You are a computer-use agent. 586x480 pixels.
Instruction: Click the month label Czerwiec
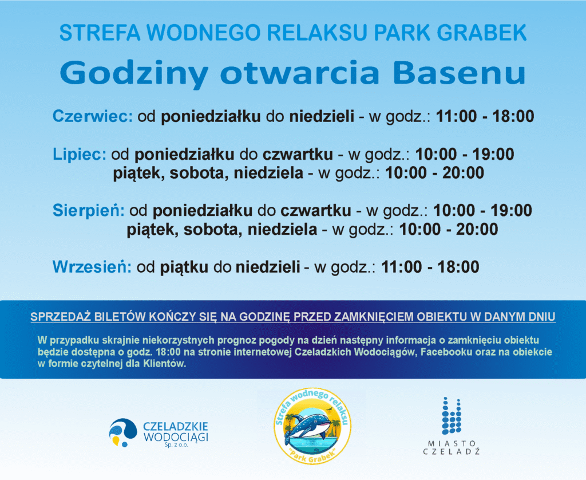(93, 116)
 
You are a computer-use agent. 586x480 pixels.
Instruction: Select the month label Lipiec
(80, 155)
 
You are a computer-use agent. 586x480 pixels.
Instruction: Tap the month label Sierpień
(89, 211)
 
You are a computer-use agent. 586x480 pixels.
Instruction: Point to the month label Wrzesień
(92, 267)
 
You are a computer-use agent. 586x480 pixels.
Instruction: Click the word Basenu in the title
(460, 73)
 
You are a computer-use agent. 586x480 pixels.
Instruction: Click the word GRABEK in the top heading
(482, 33)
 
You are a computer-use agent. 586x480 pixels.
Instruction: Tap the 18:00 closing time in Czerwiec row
(513, 116)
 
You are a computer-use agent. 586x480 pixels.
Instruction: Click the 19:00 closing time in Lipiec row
(493, 154)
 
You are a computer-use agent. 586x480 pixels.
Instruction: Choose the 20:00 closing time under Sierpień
(477, 229)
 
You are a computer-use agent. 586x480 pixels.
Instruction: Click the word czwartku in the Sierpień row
(316, 211)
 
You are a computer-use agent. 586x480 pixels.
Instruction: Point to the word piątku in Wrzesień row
(184, 267)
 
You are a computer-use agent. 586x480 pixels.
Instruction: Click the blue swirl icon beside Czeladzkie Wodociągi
(122, 432)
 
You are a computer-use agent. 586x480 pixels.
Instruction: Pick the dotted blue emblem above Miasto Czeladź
(452, 416)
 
